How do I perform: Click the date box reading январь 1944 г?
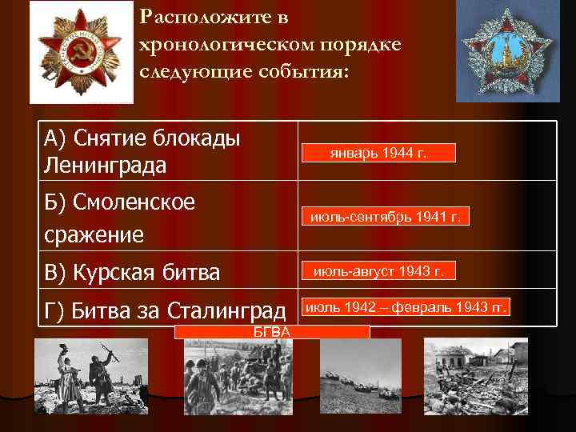(378, 153)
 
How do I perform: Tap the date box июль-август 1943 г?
(378, 272)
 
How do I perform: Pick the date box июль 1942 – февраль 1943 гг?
(406, 307)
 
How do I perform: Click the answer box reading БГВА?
(272, 332)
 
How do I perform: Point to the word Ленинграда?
(106, 166)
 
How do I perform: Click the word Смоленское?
(134, 202)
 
